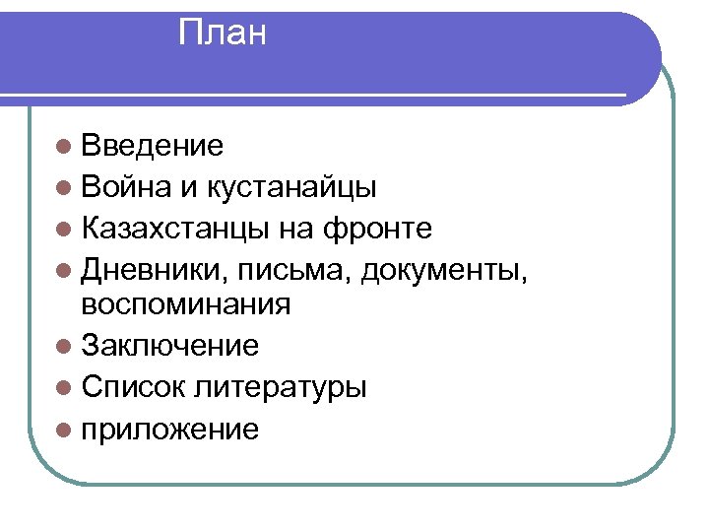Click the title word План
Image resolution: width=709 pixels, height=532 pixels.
223,34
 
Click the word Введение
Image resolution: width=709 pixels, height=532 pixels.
153,147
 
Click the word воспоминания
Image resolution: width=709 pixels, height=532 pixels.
186,304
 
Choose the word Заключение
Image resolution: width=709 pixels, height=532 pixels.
170,346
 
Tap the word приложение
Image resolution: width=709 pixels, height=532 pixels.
170,430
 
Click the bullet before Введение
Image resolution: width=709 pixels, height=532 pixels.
64,148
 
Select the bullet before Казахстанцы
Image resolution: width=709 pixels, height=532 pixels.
64,230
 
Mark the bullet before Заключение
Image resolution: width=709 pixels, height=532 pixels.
64,346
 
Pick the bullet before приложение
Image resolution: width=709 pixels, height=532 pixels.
64,429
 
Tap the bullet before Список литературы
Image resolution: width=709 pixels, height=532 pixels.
64,387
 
